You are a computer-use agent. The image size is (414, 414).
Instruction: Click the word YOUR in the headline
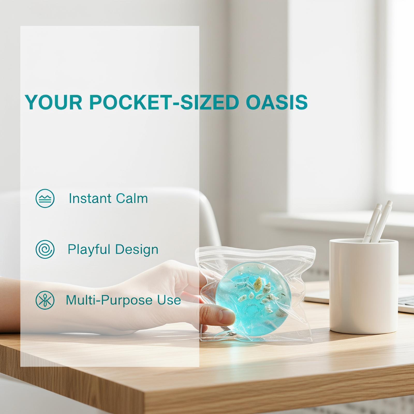point(53,102)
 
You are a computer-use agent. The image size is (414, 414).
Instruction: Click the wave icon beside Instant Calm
point(45,198)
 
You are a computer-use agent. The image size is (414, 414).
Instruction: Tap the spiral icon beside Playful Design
point(45,249)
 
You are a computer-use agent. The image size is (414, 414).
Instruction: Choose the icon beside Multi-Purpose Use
point(45,300)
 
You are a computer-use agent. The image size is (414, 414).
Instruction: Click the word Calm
point(132,198)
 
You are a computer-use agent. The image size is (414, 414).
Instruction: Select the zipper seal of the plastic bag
point(255,253)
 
